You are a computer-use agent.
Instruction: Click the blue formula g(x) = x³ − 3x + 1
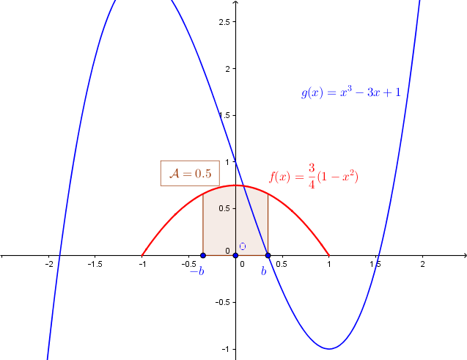[351, 92]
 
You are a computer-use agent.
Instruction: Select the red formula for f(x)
[314, 176]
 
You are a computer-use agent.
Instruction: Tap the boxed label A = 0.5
[190, 173]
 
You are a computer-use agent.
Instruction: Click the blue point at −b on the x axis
[203, 255]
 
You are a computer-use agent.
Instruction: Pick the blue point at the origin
[235, 255]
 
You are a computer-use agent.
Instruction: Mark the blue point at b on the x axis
[268, 255]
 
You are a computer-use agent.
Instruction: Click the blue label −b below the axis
[197, 271]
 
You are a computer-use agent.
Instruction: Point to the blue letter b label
[264, 271]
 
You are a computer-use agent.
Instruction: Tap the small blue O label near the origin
[243, 246]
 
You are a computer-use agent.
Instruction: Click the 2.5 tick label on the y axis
[224, 22]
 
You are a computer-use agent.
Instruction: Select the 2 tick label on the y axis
[228, 69]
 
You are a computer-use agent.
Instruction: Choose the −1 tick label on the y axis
[226, 349]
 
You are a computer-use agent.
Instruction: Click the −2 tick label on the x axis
[49, 264]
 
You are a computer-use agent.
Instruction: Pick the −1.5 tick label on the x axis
[95, 264]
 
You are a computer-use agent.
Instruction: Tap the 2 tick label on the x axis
[422, 264]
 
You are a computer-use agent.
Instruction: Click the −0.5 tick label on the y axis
[223, 302]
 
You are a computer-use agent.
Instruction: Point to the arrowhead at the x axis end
[465, 255]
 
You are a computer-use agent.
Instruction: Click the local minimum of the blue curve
[329, 349]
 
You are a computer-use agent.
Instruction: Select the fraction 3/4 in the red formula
[312, 176]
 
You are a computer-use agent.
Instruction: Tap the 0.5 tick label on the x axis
[282, 264]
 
